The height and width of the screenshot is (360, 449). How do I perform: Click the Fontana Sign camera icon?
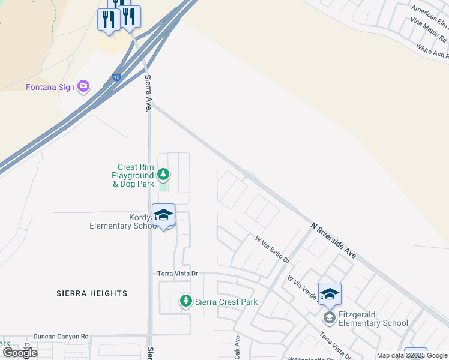click(83, 87)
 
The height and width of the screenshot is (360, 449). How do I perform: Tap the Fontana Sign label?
click(50, 87)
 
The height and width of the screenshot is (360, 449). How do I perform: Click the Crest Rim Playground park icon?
click(163, 175)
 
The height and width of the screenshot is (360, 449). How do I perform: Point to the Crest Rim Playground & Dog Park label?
click(133, 175)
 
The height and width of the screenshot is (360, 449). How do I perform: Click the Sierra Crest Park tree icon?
click(186, 301)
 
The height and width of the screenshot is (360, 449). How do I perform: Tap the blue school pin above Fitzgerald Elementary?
click(330, 295)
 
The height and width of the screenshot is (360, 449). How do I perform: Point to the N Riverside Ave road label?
click(334, 240)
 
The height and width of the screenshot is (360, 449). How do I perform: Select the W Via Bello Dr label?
click(272, 250)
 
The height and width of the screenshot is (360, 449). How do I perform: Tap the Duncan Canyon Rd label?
click(61, 337)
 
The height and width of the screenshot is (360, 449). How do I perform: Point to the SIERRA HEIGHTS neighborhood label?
click(92, 293)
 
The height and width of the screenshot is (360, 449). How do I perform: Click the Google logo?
click(19, 352)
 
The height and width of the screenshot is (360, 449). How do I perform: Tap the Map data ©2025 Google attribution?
click(412, 356)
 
